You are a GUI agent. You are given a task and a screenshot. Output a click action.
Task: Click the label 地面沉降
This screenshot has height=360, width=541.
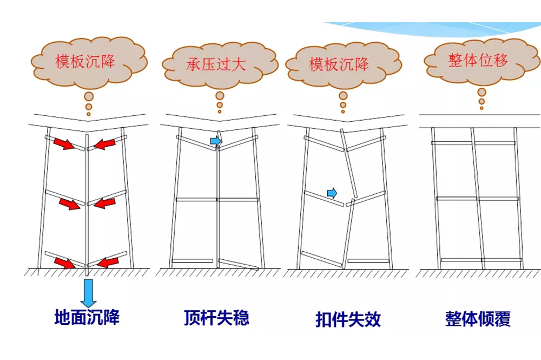point(87,317)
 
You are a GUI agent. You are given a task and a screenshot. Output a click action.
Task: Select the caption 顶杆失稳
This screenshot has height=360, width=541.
point(216,317)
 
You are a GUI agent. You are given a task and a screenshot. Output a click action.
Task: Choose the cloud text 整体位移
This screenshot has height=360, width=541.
point(478,60)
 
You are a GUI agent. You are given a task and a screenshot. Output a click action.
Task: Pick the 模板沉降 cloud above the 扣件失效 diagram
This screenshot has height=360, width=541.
point(339,65)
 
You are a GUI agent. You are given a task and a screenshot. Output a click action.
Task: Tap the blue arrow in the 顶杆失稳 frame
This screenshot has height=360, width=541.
point(216,141)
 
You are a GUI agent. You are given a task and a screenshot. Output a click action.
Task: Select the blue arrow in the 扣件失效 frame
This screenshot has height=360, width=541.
point(332,193)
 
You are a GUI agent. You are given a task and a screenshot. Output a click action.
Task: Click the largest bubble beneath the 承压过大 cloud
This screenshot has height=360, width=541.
point(220,95)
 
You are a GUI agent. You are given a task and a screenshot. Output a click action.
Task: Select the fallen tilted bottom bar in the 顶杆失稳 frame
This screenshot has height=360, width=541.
point(239,264)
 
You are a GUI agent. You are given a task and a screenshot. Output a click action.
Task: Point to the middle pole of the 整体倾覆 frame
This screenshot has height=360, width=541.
point(478,198)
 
